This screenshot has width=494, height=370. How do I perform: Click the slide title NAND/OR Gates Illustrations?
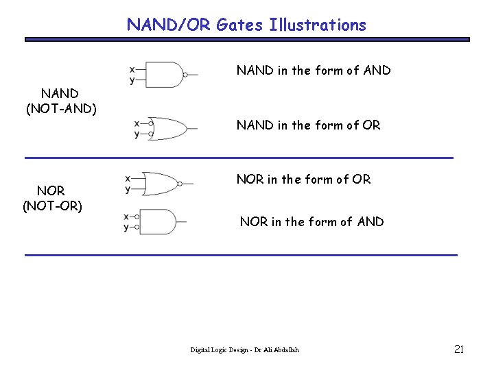tap(246, 25)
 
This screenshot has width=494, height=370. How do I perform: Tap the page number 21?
tap(459, 349)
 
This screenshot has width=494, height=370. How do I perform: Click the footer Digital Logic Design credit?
tap(244, 350)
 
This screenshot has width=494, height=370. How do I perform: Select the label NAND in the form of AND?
tap(314, 70)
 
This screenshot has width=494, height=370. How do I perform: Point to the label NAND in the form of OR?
tap(308, 125)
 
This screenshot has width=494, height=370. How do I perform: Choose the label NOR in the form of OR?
tap(303, 180)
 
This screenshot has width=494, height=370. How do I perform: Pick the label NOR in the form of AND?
tap(311, 221)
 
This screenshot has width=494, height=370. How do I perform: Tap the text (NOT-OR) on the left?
tap(52, 205)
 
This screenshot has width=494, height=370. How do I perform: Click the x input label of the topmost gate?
tap(132, 69)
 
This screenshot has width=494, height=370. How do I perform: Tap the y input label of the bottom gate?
tap(126, 227)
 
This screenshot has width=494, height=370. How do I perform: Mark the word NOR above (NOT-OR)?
tap(51, 191)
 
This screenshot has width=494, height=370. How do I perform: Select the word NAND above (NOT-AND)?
tap(60, 92)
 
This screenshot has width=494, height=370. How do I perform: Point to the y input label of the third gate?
tap(128, 189)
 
